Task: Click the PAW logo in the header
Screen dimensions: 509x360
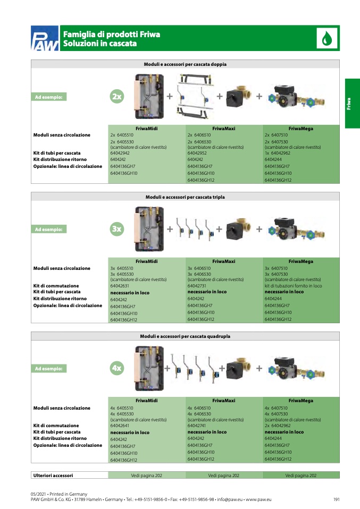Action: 45,39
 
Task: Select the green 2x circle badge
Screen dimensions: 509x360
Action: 117,97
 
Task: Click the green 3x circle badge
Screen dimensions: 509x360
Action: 117,229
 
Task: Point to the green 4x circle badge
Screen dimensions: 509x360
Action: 117,368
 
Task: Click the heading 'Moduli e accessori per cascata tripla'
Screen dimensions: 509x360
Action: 185,197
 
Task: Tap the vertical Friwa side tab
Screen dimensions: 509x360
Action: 349,103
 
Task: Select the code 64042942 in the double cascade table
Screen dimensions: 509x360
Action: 120,153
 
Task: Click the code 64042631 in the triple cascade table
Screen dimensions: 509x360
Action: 120,286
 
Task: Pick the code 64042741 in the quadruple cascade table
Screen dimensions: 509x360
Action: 198,426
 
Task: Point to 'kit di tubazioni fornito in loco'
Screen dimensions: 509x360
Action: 293,286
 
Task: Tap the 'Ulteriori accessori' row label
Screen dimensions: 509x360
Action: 53,476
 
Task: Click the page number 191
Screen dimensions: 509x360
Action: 336,499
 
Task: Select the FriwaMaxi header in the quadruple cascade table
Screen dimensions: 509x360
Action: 223,401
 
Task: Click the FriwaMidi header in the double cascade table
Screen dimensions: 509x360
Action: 146,129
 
